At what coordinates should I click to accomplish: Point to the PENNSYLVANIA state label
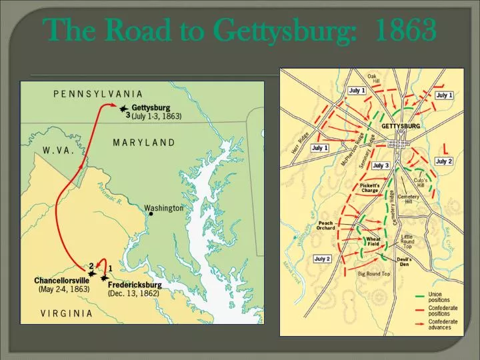(98, 94)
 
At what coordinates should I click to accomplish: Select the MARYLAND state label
(143, 143)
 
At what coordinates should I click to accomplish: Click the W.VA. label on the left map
(57, 151)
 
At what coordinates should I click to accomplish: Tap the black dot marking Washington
(151, 214)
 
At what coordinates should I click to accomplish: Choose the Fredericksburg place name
(134, 283)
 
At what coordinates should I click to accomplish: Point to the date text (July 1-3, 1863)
(156, 116)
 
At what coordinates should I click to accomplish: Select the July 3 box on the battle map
(381, 165)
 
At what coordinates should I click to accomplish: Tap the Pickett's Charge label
(369, 187)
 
